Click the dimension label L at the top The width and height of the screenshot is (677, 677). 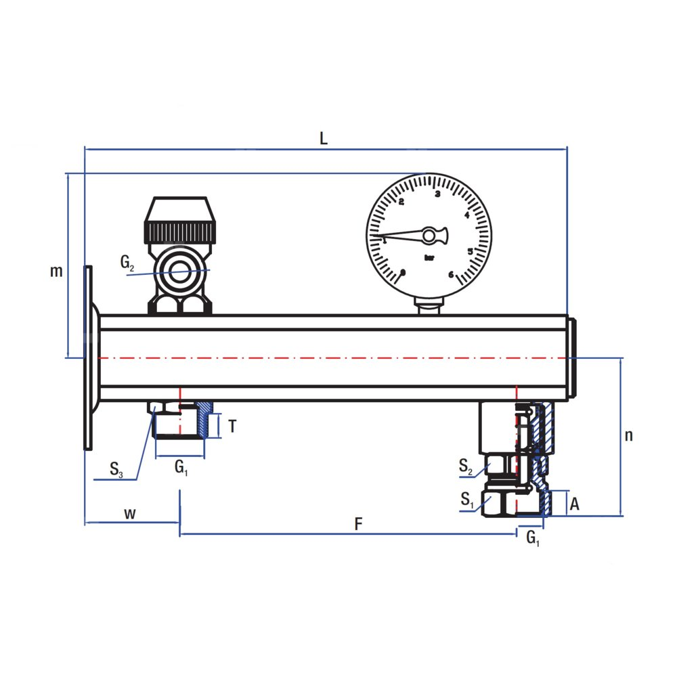pos(324,138)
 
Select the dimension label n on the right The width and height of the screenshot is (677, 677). pos(629,435)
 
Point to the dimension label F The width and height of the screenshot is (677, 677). pos(359,523)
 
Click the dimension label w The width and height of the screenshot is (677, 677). pos(130,513)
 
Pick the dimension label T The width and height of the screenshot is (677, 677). pos(232,427)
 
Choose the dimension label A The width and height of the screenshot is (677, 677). pos(574,504)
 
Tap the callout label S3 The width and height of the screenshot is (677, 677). pos(116,468)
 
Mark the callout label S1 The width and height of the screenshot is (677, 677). pos(466,500)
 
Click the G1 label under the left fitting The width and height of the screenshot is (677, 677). pos(181,466)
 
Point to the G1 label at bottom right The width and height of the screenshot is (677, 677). pos(533,538)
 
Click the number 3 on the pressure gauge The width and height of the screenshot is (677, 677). pos(437,194)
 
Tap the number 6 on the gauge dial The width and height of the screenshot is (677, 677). pos(450,274)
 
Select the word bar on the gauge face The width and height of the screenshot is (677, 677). pos(429,257)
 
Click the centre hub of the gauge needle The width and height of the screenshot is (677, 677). pos(429,235)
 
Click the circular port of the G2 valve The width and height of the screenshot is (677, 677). pos(180,273)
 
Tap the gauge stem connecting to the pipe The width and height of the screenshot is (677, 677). pos(429,307)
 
